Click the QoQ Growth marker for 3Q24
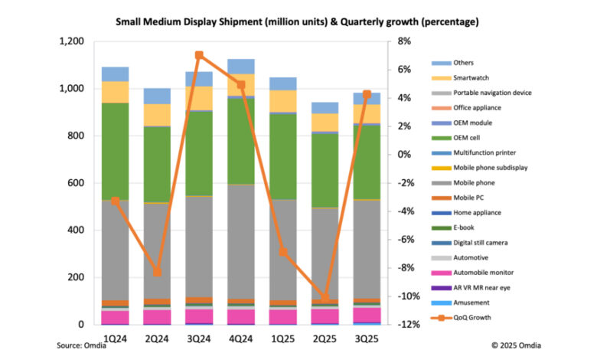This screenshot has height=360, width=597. coord(199,55)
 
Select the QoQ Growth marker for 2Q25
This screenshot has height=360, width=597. coord(325,297)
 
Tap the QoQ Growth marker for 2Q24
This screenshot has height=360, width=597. coord(157,272)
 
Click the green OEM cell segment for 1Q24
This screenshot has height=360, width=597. coord(115,152)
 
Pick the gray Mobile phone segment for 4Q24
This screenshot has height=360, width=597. coord(241,242)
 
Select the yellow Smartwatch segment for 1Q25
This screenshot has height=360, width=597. coord(283,101)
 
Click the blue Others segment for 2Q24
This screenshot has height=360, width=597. coord(157,96)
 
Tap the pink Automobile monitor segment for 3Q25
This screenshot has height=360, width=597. coord(367,315)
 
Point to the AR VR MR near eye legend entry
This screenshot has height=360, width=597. coord(471,288)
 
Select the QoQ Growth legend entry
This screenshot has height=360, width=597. coord(461,317)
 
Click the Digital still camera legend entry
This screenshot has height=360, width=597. coord(469,243)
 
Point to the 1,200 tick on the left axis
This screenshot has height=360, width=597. coord(72,41)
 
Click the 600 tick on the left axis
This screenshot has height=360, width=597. coord(76,183)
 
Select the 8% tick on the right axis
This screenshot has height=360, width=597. coord(404,41)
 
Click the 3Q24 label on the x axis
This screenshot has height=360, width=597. coord(199,339)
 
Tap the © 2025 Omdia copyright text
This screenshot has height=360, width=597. coord(516,345)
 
